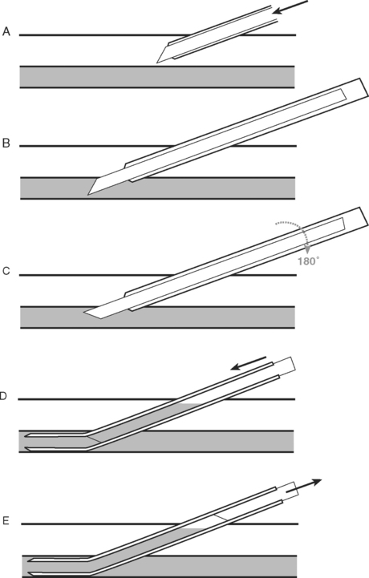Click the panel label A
tap(6, 32)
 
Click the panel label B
tap(6, 143)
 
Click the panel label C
tap(6, 271)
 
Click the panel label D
tap(3, 396)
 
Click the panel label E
tap(6, 521)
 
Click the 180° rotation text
tap(309, 261)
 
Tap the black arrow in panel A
tap(290, 7)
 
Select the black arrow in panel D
tap(249, 362)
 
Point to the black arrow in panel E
tap(304, 486)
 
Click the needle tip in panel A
tap(157, 63)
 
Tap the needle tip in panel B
tap(87, 194)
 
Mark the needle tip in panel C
tap(84, 313)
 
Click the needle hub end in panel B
tap(364, 87)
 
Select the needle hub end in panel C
tap(364, 216)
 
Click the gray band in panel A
tap(157, 77)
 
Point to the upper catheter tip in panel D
tap(26, 436)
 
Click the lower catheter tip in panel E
tap(30, 573)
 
